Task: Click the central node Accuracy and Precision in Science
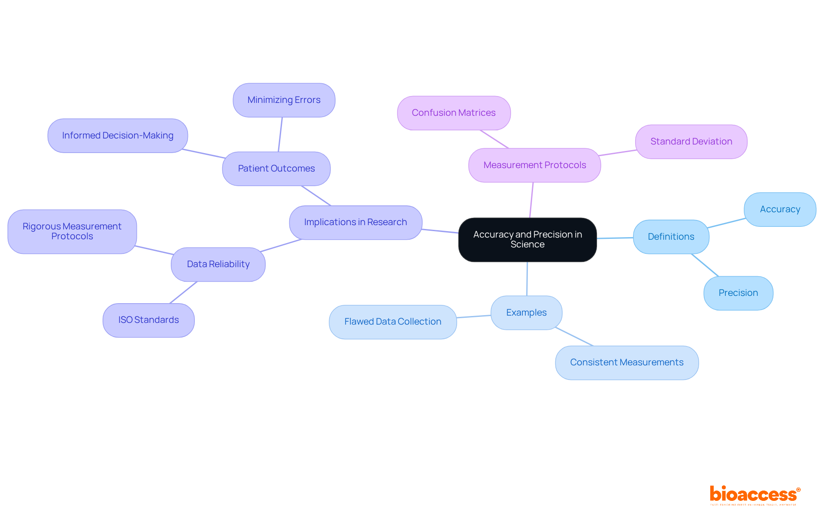click(x=527, y=240)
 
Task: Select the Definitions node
click(x=671, y=237)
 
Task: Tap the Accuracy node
click(x=780, y=209)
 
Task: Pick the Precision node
click(x=738, y=293)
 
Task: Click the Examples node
click(x=526, y=313)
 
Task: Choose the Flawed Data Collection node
click(x=393, y=322)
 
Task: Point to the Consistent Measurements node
click(x=627, y=362)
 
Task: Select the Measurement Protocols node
click(x=534, y=165)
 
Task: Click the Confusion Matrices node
click(x=454, y=113)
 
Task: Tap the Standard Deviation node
click(x=691, y=142)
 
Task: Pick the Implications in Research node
click(x=355, y=222)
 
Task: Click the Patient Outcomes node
click(x=276, y=169)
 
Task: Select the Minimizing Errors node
click(x=284, y=100)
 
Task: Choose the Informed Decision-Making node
click(x=118, y=136)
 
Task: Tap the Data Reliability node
click(x=218, y=264)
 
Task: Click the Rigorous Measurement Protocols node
click(x=72, y=232)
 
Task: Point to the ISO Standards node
click(x=148, y=320)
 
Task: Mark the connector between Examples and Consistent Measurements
click(x=574, y=337)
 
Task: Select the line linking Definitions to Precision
click(x=705, y=265)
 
